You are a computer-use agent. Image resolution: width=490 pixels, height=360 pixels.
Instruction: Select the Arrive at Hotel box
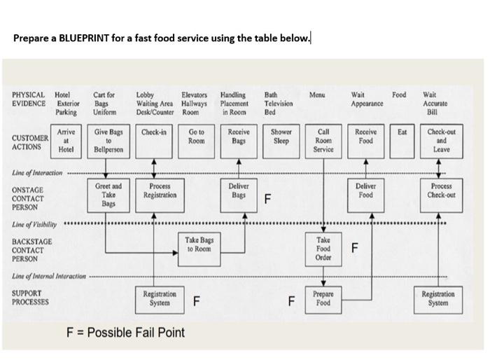pos(66,140)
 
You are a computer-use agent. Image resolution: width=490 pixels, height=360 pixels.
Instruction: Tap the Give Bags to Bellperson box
pos(108,140)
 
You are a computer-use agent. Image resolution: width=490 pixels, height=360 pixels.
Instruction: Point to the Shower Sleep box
pos(281,136)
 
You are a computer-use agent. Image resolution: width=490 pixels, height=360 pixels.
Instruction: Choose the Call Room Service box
pos(323,140)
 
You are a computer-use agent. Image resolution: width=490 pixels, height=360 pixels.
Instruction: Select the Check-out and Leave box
pos(441,140)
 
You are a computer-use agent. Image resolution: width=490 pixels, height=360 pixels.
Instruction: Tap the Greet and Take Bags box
pos(108,194)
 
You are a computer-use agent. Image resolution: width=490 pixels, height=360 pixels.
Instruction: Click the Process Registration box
pos(154,191)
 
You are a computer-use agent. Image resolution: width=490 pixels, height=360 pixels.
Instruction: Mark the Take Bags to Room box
pos(198,244)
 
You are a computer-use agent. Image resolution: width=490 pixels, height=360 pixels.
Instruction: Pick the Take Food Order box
pos(323,248)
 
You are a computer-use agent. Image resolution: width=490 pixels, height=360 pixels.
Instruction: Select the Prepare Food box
pos(323,299)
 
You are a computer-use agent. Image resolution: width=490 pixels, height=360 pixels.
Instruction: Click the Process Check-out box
pos(441,191)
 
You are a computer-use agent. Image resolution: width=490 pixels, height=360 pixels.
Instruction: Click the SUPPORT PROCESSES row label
pos(30,298)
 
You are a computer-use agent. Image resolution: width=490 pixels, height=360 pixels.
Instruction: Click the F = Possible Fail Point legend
pos(125,332)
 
